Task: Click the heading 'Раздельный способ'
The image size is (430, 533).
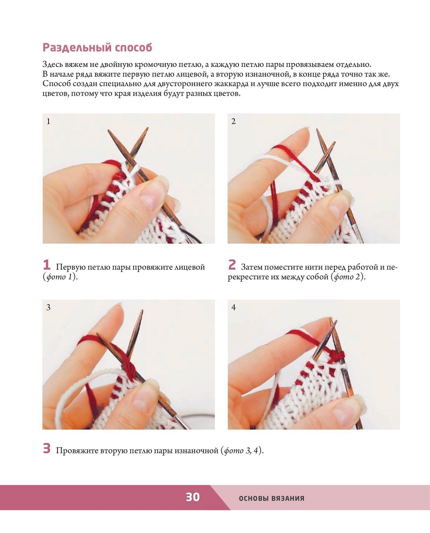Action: pos(97,47)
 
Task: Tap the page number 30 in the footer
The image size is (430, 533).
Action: pos(193,497)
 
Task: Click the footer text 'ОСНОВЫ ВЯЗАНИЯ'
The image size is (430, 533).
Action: pos(272,498)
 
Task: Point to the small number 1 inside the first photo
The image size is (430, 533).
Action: pos(49,121)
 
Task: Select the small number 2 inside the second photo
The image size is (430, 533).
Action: pos(233,121)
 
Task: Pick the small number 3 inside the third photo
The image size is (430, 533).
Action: pos(49,307)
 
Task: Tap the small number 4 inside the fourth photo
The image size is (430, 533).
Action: pos(233,307)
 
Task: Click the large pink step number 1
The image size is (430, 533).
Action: pos(47,265)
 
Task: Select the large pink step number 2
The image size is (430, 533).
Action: pos(232,265)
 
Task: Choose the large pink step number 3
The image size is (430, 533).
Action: pos(47,448)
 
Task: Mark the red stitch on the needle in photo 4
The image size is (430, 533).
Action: pos(336,355)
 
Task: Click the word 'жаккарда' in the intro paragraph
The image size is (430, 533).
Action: pos(231,84)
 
